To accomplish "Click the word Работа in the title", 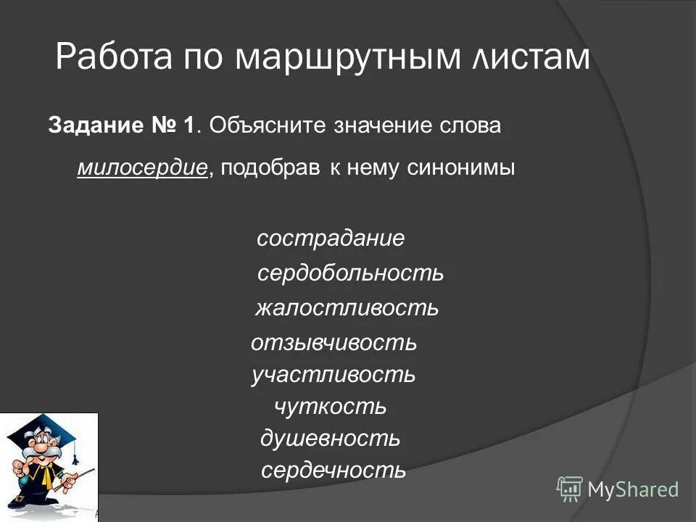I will click(x=110, y=57).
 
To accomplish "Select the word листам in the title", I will click(x=529, y=57).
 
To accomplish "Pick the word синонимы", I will click(x=461, y=167).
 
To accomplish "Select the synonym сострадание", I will click(x=331, y=239).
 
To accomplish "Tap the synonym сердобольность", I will click(x=350, y=273).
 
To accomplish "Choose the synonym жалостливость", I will click(x=347, y=308).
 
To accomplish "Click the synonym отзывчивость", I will click(x=333, y=342).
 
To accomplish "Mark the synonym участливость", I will click(x=333, y=374).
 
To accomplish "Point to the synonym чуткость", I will click(x=331, y=407).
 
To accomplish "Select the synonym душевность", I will click(x=330, y=439).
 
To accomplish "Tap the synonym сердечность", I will click(x=333, y=471).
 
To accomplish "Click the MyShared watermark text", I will click(x=633, y=489).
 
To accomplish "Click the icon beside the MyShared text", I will click(x=570, y=489).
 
